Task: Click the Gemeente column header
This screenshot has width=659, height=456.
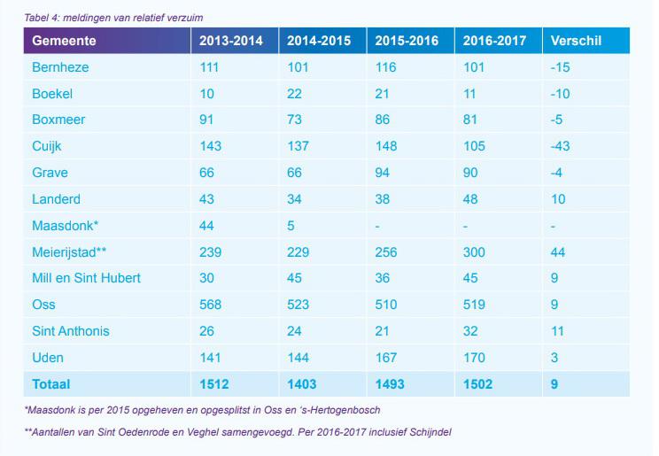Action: click(x=64, y=41)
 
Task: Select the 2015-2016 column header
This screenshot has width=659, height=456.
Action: click(x=407, y=41)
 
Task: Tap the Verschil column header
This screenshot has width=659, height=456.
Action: click(x=577, y=41)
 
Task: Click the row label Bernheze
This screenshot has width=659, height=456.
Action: click(x=60, y=67)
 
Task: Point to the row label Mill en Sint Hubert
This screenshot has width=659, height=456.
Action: click(x=86, y=278)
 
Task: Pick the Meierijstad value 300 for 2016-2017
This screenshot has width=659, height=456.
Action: click(x=474, y=251)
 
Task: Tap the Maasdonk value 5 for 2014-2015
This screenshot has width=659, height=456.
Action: click(x=291, y=226)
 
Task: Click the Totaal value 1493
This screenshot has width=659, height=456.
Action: click(x=391, y=384)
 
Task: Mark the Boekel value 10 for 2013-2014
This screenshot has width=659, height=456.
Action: click(x=206, y=94)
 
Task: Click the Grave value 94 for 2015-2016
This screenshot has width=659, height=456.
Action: click(x=383, y=173)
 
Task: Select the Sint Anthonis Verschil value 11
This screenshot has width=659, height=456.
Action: click(x=558, y=331)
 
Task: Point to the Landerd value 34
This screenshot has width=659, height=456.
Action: click(x=295, y=199)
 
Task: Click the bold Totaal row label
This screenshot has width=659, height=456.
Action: click(x=50, y=384)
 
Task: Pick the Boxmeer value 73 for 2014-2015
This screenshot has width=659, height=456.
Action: click(x=295, y=120)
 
